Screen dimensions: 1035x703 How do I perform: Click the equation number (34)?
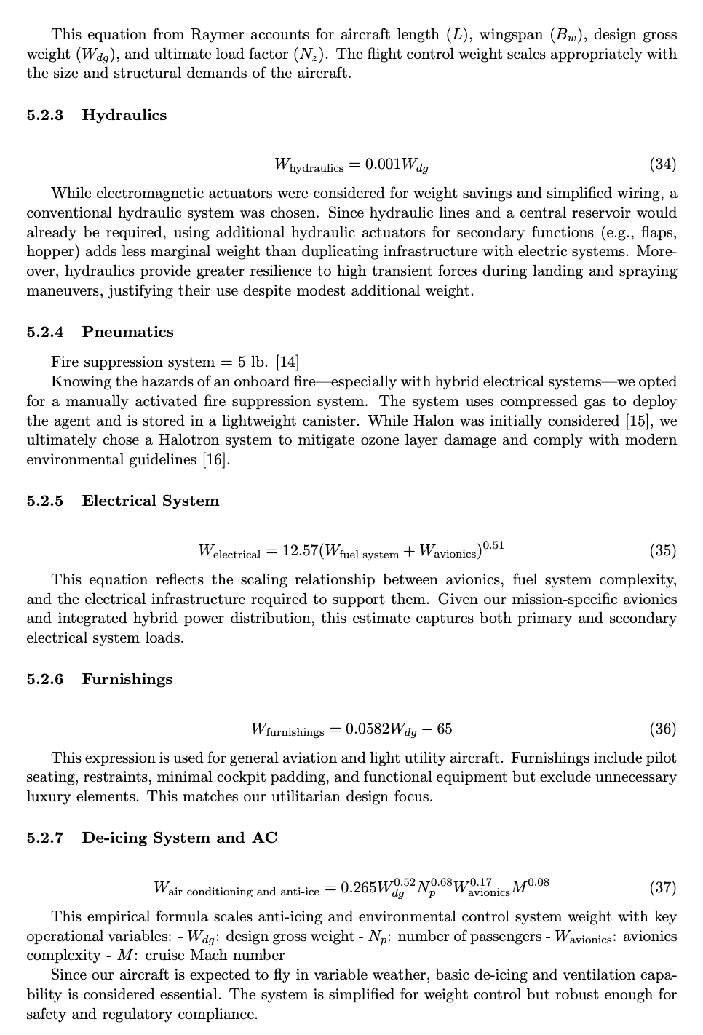pos(662,164)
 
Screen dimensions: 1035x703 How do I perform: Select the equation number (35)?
pos(662,550)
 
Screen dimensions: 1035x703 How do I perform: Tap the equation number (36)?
pos(662,729)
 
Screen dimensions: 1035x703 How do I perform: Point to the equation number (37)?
pos(662,887)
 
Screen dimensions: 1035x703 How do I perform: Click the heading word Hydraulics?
pos(124,115)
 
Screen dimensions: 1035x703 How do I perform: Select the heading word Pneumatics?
pos(127,332)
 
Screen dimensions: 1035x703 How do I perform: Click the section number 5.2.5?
pos(45,501)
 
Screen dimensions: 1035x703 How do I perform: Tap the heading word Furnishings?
pos(127,679)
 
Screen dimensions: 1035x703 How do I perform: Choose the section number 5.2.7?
pos(45,838)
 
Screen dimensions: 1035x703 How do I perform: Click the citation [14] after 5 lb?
pos(287,362)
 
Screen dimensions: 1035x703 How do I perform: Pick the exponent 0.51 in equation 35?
pos(493,544)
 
